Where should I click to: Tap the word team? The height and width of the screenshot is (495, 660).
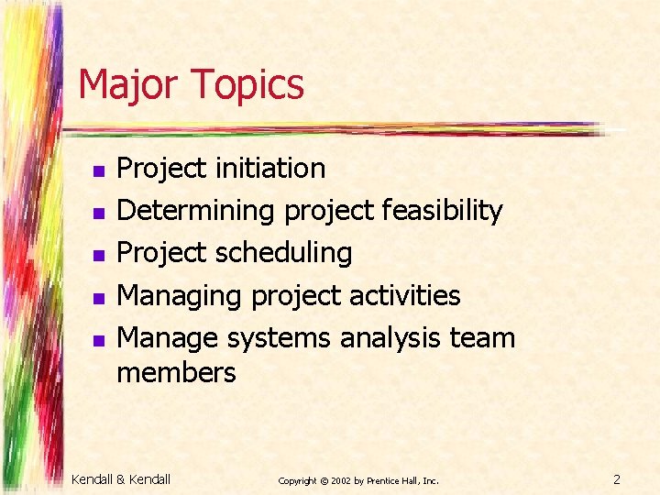coord(482,339)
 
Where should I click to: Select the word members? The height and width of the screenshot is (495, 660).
coord(176,373)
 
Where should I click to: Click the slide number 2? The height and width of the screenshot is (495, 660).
coord(617,478)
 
